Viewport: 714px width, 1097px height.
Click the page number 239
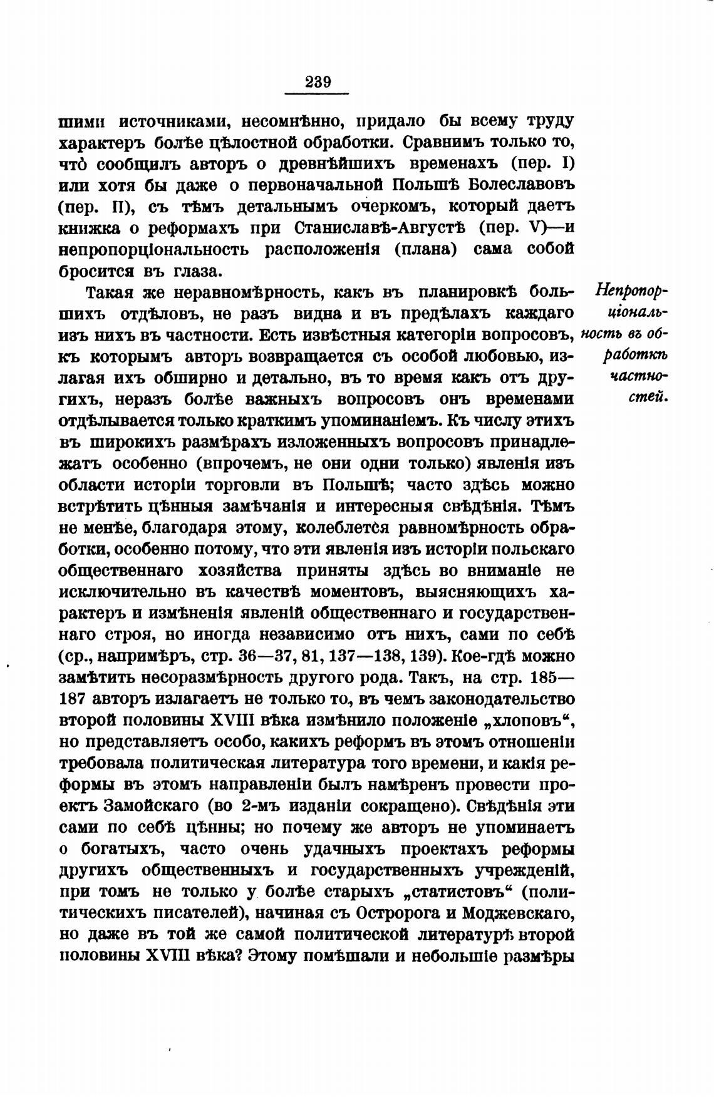[318, 82]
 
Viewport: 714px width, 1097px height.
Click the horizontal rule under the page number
[316, 94]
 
